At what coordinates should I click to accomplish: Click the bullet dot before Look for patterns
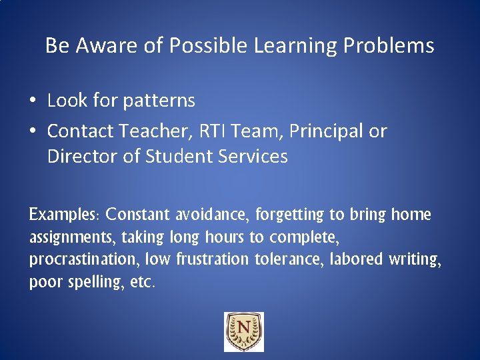(x=33, y=101)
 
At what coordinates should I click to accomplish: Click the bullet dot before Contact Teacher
(x=33, y=131)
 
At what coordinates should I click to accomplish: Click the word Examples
(x=64, y=215)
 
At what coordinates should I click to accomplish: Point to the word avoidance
(x=213, y=215)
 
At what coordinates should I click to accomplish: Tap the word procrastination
(x=84, y=259)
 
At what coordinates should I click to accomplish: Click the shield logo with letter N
(x=243, y=332)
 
